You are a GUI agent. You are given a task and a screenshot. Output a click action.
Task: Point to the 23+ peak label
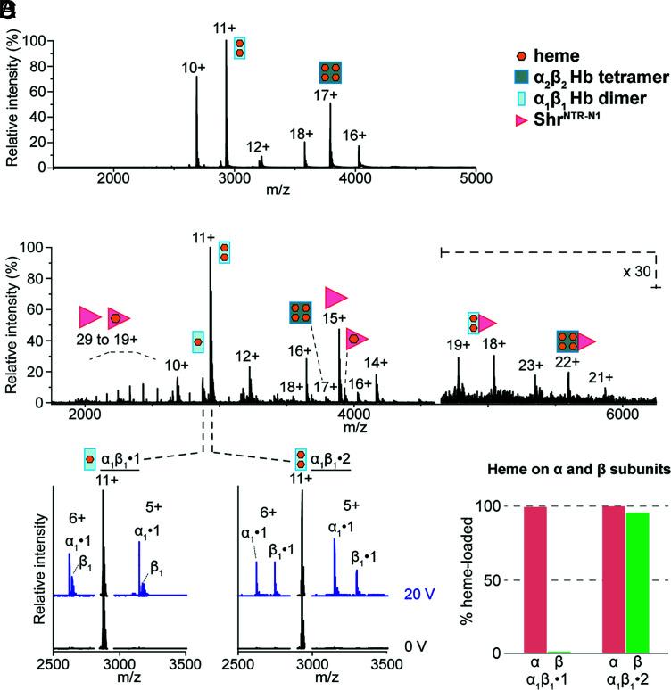(x=531, y=364)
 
